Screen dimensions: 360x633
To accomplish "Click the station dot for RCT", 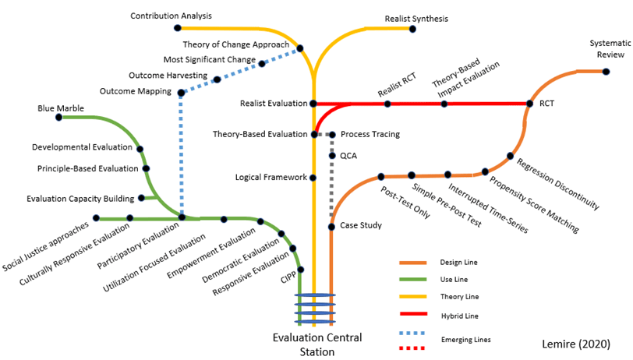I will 530,103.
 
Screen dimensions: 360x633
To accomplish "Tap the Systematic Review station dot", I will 606,72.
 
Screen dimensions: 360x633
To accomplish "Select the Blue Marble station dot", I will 59,118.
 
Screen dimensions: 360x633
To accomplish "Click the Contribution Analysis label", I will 171,16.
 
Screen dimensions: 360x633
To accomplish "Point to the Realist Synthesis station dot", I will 412,29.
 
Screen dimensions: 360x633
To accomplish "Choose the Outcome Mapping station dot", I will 181,93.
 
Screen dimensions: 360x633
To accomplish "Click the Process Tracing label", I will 370,135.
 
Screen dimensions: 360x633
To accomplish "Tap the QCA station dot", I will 332,156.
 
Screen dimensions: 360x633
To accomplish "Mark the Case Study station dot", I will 331,227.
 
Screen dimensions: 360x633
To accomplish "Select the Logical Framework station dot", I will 313,178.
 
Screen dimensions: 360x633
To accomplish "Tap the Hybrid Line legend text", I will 459,316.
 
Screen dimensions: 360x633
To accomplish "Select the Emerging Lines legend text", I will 465,340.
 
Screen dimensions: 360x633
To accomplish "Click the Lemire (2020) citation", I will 576,343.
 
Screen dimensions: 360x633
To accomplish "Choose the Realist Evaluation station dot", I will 313,103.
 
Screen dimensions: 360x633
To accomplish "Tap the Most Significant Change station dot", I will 262,62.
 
